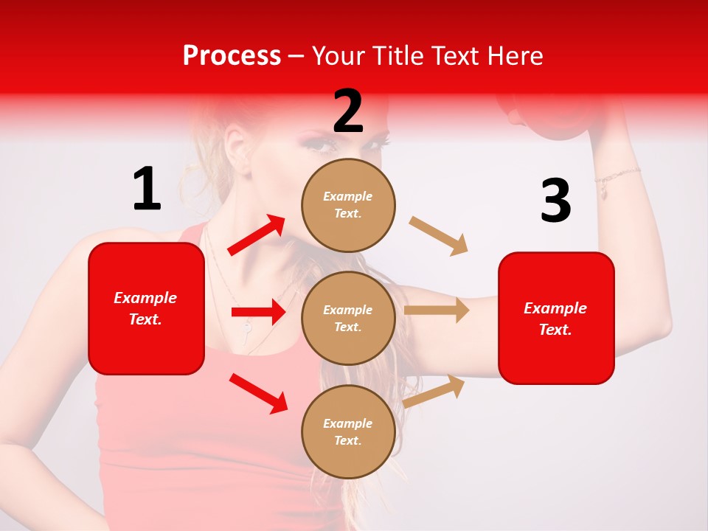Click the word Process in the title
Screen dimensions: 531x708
[x=232, y=56]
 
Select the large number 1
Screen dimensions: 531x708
[x=147, y=189]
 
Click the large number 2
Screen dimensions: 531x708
[x=348, y=111]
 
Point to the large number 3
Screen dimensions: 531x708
[x=555, y=201]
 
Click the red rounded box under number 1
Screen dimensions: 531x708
[x=146, y=308]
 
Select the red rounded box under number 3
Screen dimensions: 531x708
[x=556, y=318]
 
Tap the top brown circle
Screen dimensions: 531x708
[x=348, y=205]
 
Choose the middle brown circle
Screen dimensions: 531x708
[x=348, y=318]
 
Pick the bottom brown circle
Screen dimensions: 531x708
[x=348, y=431]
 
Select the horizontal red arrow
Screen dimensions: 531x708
[x=258, y=312]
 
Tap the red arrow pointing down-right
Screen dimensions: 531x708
[x=258, y=392]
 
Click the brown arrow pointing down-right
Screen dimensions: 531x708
[x=439, y=236]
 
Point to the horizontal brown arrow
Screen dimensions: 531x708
[x=437, y=310]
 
